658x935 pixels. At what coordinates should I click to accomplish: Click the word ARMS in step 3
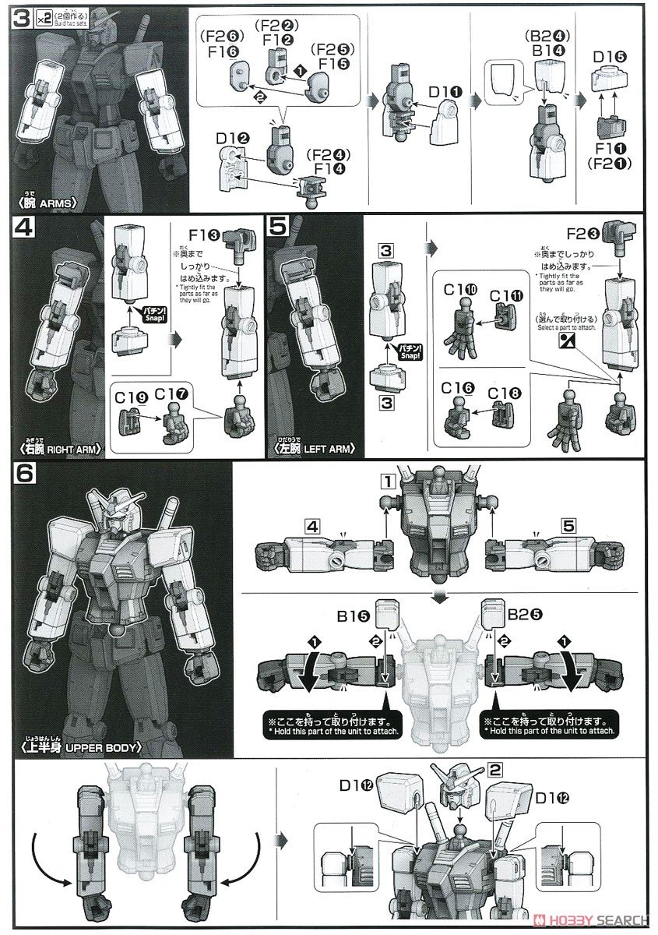(77, 203)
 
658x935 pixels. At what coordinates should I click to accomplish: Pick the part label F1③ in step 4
(206, 232)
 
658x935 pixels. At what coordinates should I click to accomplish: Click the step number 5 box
(277, 228)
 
